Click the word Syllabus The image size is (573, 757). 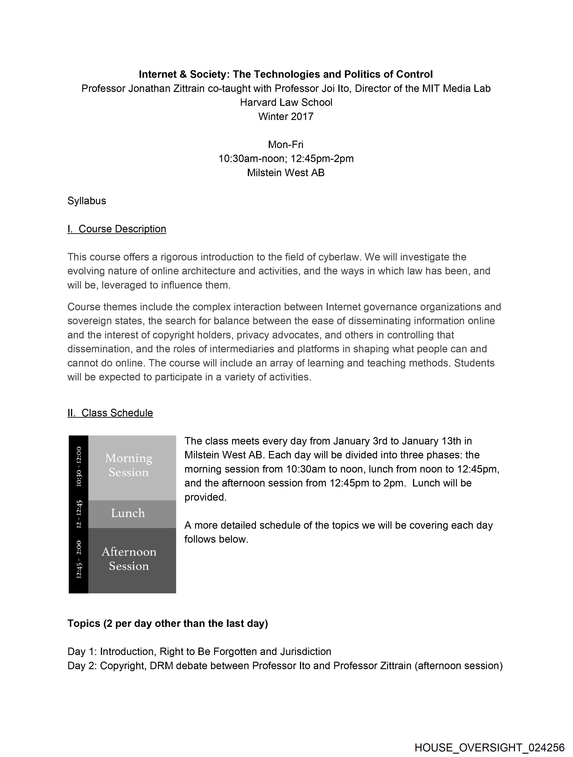[x=87, y=201]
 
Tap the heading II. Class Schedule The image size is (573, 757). [x=110, y=413]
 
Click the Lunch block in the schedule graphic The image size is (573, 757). [x=128, y=513]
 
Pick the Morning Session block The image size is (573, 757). [x=129, y=465]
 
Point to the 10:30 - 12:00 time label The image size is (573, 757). [x=79, y=466]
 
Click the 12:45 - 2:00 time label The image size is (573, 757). [x=79, y=559]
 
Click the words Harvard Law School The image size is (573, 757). [x=286, y=102]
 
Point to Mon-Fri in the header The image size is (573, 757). [x=286, y=144]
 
